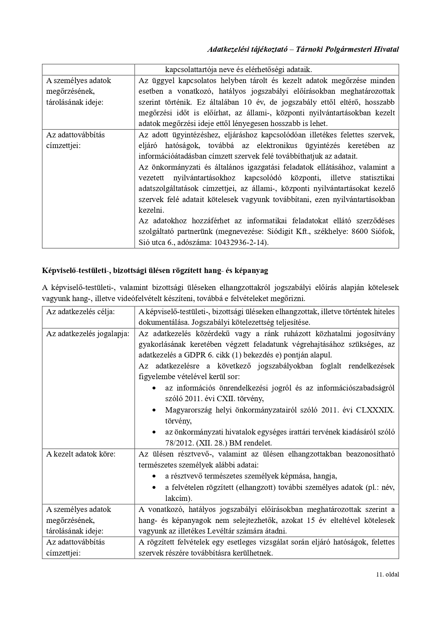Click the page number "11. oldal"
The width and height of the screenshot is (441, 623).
click(x=387, y=574)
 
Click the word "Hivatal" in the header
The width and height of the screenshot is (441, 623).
click(x=386, y=49)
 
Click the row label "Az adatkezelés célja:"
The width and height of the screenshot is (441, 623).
click(x=80, y=312)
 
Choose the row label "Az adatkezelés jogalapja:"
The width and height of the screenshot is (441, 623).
click(x=87, y=334)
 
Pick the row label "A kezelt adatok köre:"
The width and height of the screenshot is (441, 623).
click(x=81, y=454)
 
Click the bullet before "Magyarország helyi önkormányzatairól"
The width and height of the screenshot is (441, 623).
click(x=154, y=410)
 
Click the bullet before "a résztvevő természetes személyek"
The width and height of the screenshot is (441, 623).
click(x=154, y=476)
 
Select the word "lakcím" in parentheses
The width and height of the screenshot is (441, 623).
click(x=177, y=498)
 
